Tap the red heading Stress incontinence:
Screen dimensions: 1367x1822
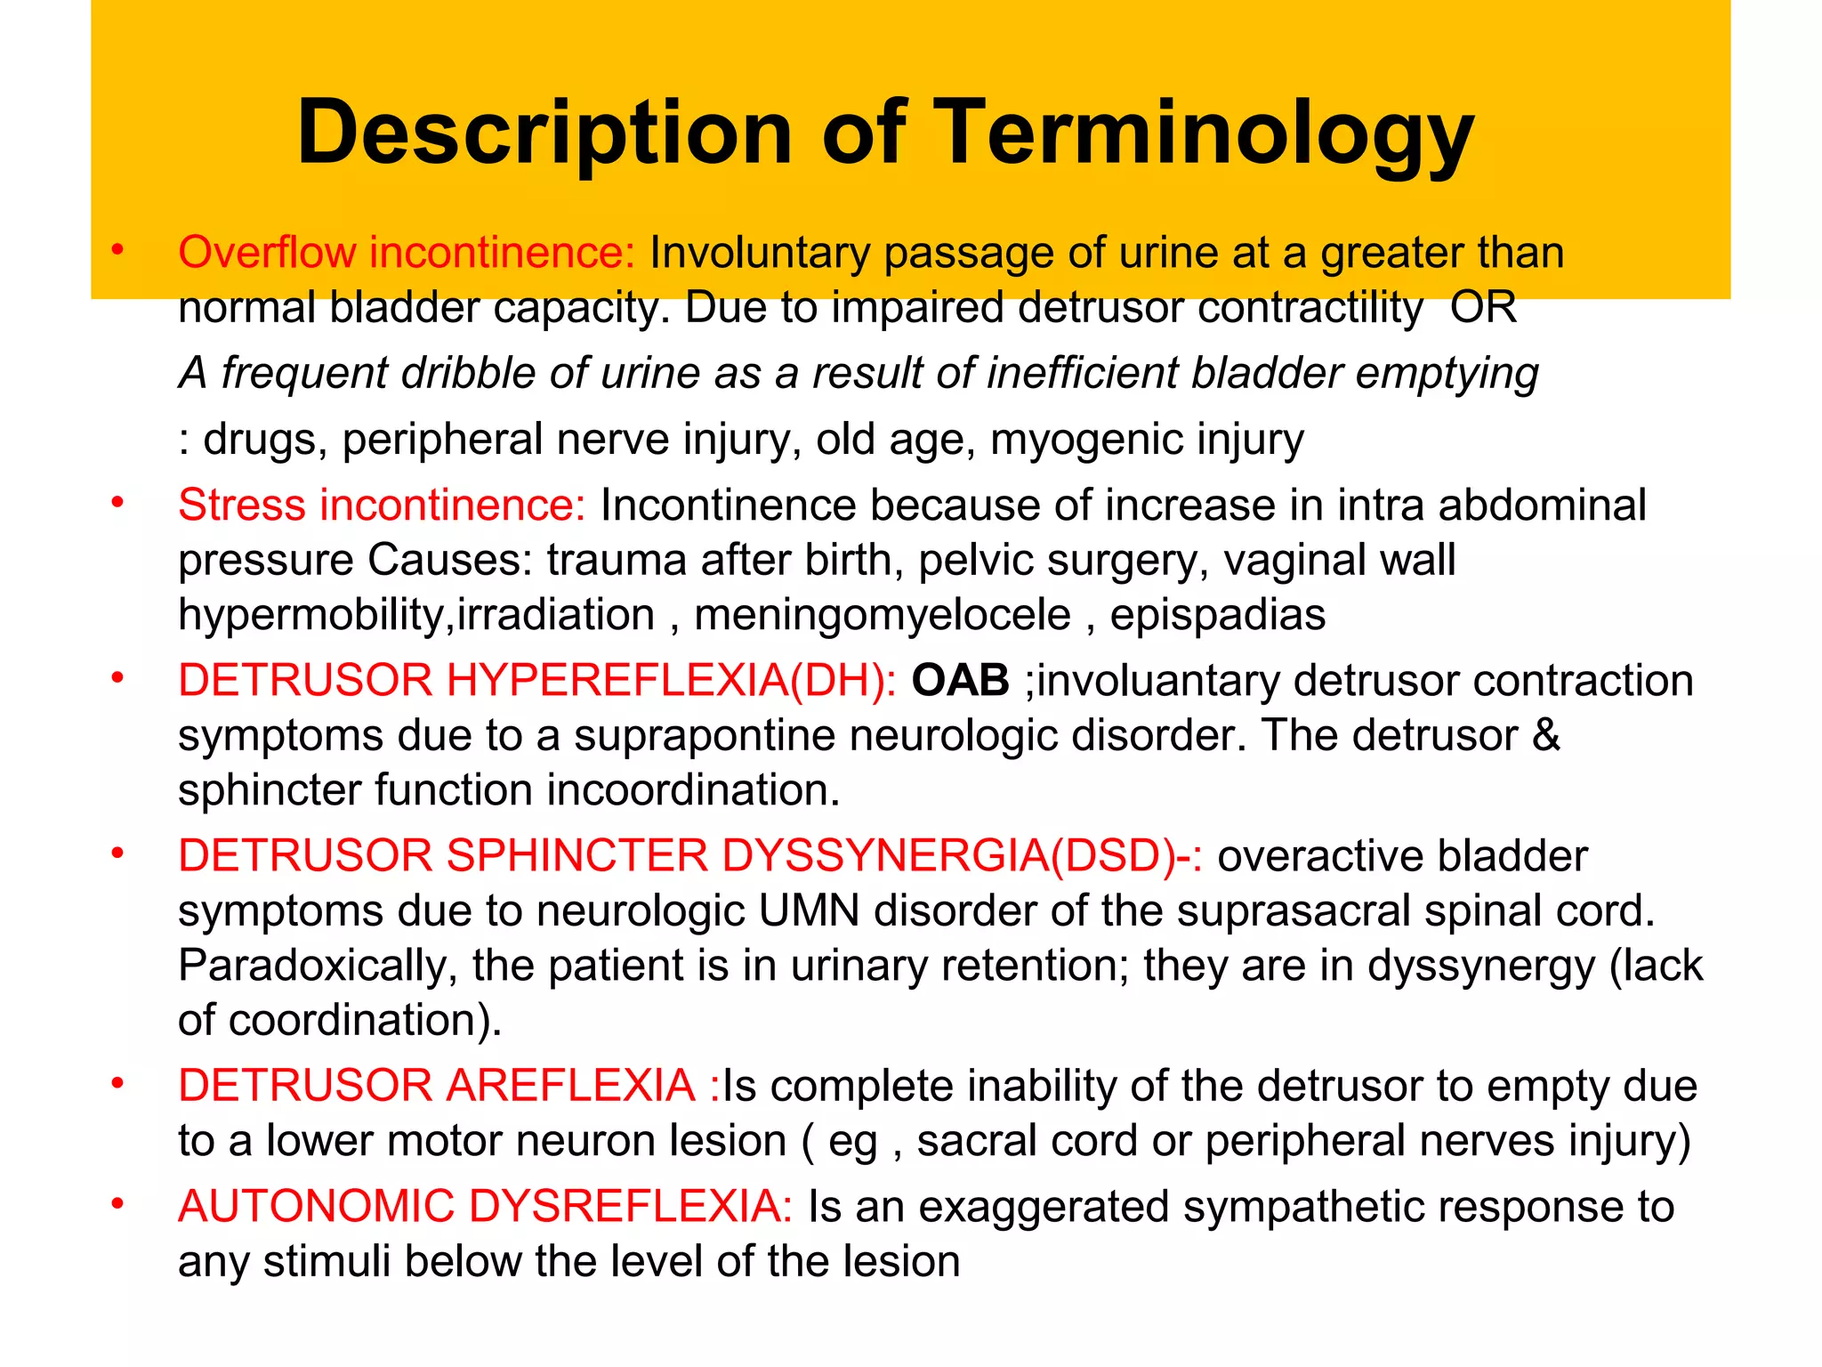pyautogui.click(x=382, y=506)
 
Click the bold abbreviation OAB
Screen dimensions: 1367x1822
pyautogui.click(x=960, y=681)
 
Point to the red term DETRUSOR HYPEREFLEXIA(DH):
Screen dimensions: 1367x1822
pyautogui.click(x=537, y=681)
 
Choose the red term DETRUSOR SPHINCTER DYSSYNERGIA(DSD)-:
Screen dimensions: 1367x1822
pyautogui.click(x=690, y=856)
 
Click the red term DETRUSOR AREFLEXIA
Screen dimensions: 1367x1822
pyautogui.click(x=436, y=1086)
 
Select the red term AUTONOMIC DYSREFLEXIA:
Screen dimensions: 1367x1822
pyautogui.click(x=485, y=1207)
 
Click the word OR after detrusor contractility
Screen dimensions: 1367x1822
pyautogui.click(x=1483, y=308)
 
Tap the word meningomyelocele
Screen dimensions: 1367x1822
pyautogui.click(x=882, y=615)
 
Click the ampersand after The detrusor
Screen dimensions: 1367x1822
pyautogui.click(x=1546, y=736)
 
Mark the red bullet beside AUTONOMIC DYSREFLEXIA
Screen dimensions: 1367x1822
pyautogui.click(x=117, y=1205)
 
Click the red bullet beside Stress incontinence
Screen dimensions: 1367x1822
pyautogui.click(x=117, y=504)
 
